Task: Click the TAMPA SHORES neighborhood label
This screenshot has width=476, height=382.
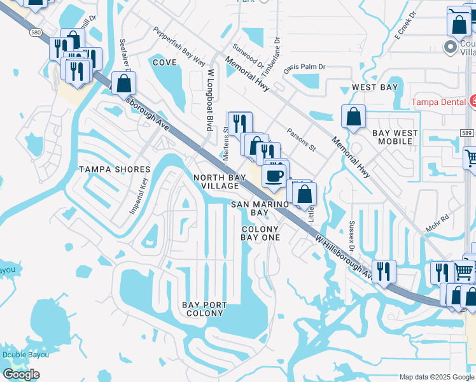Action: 115,169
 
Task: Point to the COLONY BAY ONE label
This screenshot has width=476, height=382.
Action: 260,233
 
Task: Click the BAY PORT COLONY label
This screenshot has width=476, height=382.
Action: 204,309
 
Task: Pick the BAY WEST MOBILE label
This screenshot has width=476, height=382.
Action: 395,137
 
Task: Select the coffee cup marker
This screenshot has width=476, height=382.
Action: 274,176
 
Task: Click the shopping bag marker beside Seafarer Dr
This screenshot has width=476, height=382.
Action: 124,83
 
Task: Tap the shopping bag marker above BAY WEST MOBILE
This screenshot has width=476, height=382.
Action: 353,117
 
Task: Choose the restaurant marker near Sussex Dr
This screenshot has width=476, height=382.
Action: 383,271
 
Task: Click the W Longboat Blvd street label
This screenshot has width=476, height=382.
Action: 207,101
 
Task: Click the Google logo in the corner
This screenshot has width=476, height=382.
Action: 21,374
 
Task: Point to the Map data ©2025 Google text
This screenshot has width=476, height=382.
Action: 437,377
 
